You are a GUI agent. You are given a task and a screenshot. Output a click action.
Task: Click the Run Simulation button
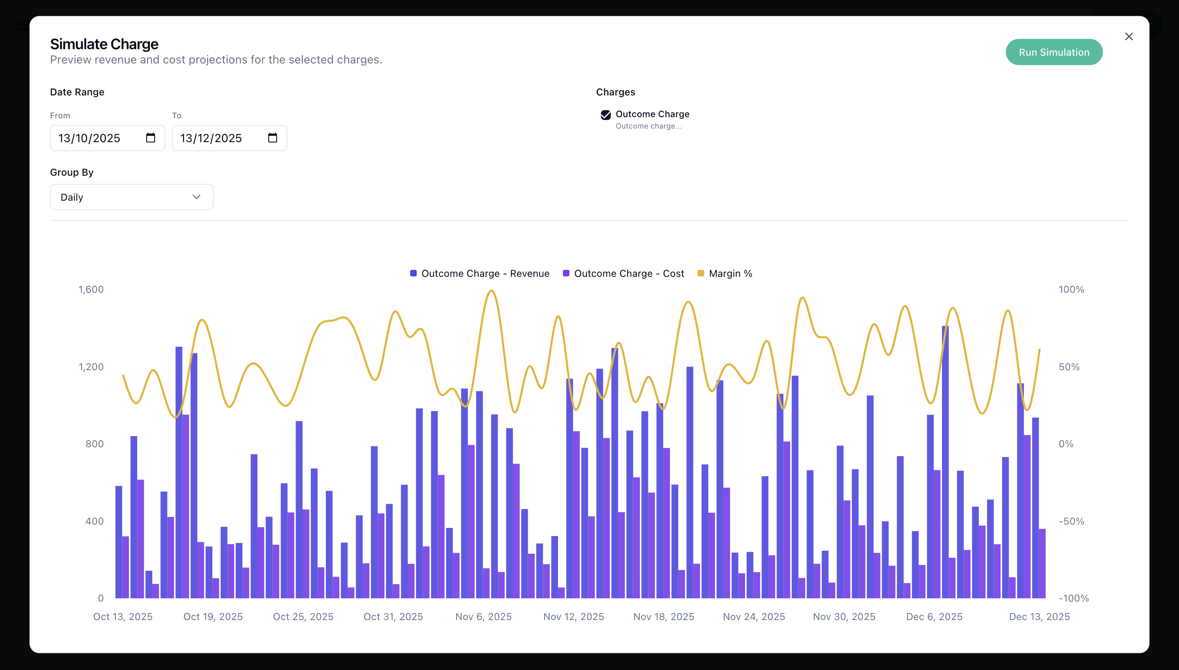(1053, 52)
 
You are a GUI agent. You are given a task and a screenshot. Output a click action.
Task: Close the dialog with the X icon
(1128, 36)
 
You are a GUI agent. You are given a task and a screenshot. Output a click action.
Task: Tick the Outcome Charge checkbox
(605, 115)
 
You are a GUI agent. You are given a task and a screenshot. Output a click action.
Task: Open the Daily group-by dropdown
(131, 197)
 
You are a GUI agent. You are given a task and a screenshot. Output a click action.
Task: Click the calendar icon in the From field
(150, 138)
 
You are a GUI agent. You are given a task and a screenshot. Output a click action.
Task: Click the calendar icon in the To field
(272, 138)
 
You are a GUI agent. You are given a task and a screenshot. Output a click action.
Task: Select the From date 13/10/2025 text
(89, 138)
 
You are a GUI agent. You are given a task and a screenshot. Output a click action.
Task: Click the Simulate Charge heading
(104, 44)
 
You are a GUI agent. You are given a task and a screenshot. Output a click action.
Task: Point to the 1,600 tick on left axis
(91, 290)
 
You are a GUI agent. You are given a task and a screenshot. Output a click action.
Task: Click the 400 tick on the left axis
(94, 521)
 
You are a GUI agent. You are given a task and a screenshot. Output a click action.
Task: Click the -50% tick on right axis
(1071, 521)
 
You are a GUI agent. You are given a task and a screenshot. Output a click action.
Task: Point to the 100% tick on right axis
(1071, 290)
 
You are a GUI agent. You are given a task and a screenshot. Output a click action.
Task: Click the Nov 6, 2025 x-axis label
(483, 617)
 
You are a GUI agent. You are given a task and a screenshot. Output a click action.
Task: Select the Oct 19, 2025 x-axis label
(213, 617)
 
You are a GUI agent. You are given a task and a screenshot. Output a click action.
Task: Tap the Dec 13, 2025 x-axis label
(1039, 617)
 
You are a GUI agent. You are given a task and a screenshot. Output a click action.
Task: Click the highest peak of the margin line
(492, 291)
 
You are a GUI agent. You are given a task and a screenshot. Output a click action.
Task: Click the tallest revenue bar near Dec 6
(945, 460)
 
